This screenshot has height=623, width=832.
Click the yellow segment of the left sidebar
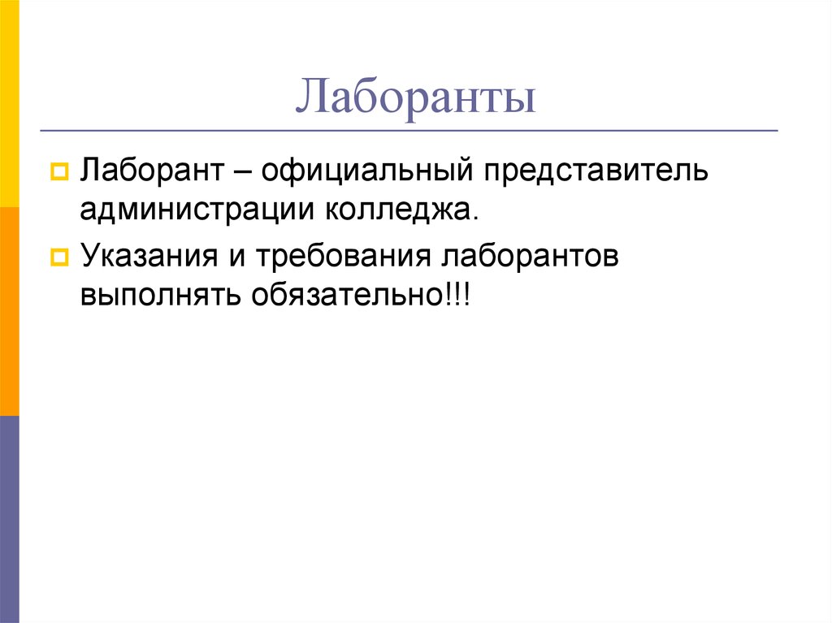[9, 104]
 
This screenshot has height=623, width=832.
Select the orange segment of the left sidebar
[9, 311]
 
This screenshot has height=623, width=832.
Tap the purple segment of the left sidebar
[9, 519]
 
